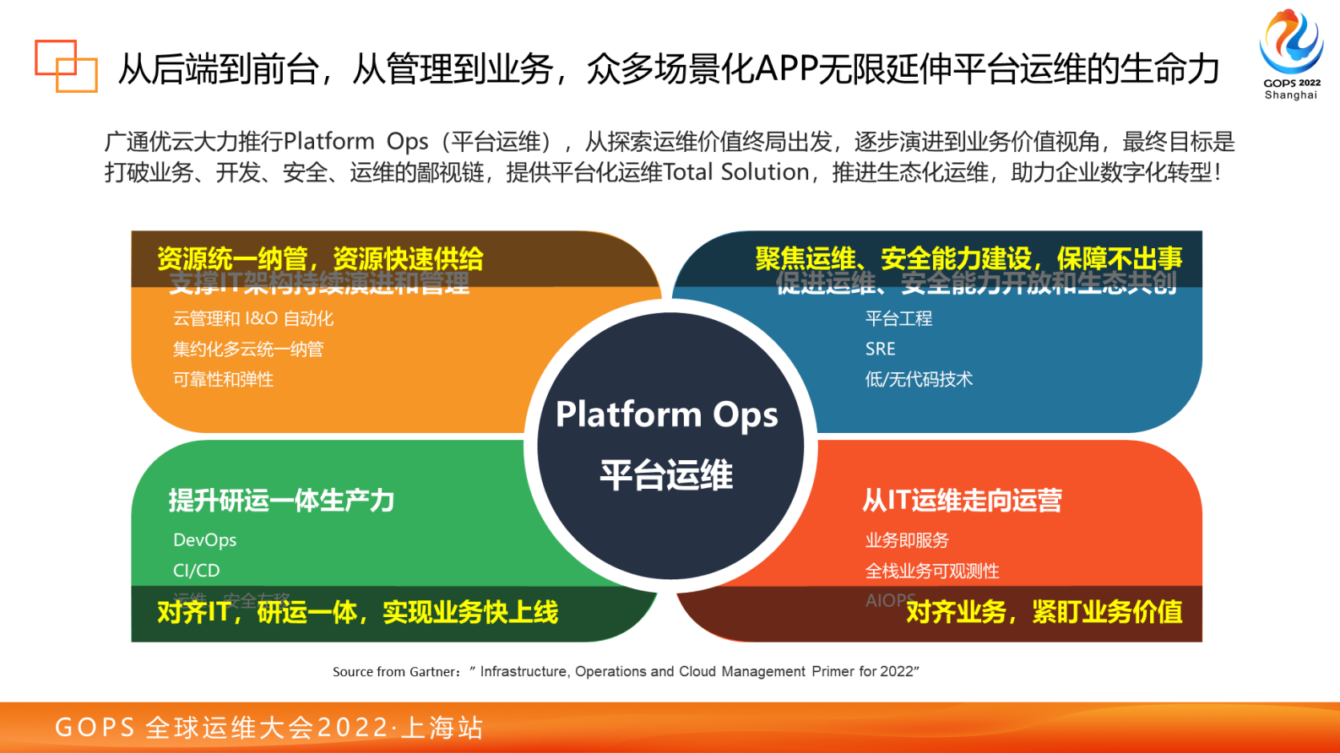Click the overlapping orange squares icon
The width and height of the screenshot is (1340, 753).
pyautogui.click(x=65, y=66)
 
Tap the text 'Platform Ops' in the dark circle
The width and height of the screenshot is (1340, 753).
pyautogui.click(x=666, y=414)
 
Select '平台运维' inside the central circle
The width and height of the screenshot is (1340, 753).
pyautogui.click(x=666, y=474)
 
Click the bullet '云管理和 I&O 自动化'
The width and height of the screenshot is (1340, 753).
pyautogui.click(x=253, y=319)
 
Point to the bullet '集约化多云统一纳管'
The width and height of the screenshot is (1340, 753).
pyautogui.click(x=248, y=349)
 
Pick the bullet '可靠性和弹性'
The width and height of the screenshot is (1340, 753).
pyautogui.click(x=223, y=380)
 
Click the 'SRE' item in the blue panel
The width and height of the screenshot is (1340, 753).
pyautogui.click(x=880, y=349)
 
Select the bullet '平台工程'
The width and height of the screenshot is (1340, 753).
pyautogui.click(x=898, y=319)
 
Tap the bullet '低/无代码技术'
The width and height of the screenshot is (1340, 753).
pyautogui.click(x=919, y=380)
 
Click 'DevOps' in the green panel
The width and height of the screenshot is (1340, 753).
pyautogui.click(x=204, y=540)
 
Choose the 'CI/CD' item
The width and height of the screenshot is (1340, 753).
pyautogui.click(x=196, y=571)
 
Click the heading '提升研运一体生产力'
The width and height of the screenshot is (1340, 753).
pyautogui.click(x=281, y=501)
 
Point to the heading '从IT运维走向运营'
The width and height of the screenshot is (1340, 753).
pyautogui.click(x=962, y=501)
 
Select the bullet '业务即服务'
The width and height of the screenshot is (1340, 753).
pyautogui.click(x=907, y=540)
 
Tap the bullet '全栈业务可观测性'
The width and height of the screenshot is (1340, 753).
pyautogui.click(x=931, y=572)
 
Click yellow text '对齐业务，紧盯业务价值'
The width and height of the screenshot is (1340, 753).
pyautogui.click(x=1044, y=612)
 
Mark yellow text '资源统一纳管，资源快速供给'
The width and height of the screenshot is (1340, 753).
pyautogui.click(x=320, y=258)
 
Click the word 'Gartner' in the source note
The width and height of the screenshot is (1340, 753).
pyautogui.click(x=431, y=672)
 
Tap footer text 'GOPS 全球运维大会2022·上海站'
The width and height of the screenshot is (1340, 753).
pyautogui.click(x=269, y=728)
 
